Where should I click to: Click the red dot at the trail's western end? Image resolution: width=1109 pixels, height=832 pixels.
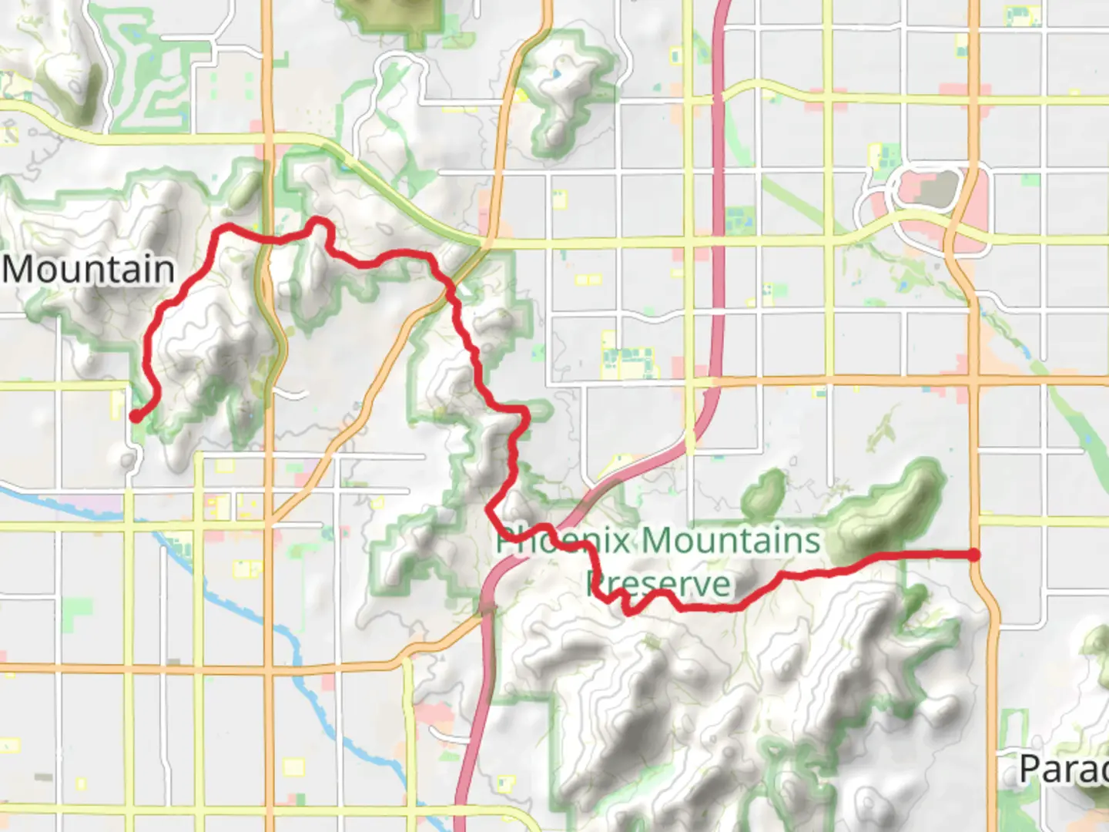pyautogui.click(x=135, y=416)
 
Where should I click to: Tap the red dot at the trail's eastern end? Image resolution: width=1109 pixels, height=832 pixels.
pyautogui.click(x=974, y=555)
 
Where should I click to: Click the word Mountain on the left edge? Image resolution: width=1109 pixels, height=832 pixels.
pyautogui.click(x=89, y=270)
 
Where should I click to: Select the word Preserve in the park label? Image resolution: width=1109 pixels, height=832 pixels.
pyautogui.click(x=658, y=584)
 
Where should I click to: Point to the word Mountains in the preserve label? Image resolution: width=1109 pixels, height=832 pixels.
pyautogui.click(x=731, y=540)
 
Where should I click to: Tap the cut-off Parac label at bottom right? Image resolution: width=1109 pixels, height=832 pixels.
pyautogui.click(x=1063, y=769)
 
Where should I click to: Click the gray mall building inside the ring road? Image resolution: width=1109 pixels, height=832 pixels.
pyautogui.click(x=935, y=190)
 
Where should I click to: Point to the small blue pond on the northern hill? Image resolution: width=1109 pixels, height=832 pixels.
pyautogui.click(x=555, y=75)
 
